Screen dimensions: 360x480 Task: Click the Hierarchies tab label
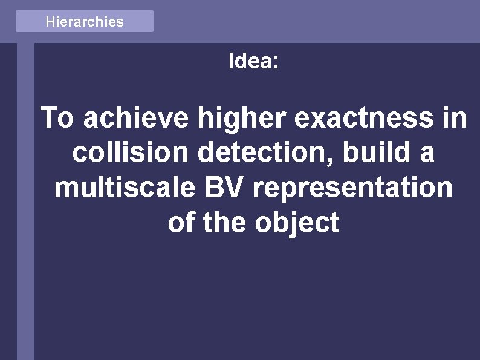[85, 22]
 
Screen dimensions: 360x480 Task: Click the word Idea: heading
[253, 61]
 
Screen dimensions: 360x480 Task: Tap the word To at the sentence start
[58, 118]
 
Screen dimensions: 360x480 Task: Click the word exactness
[364, 118]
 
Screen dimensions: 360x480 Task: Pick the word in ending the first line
[455, 118]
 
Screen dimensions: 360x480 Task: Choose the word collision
[131, 153]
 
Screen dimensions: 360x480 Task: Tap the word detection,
[267, 153]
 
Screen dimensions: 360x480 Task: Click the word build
[372, 153]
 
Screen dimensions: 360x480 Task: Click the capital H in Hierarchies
[50, 22]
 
